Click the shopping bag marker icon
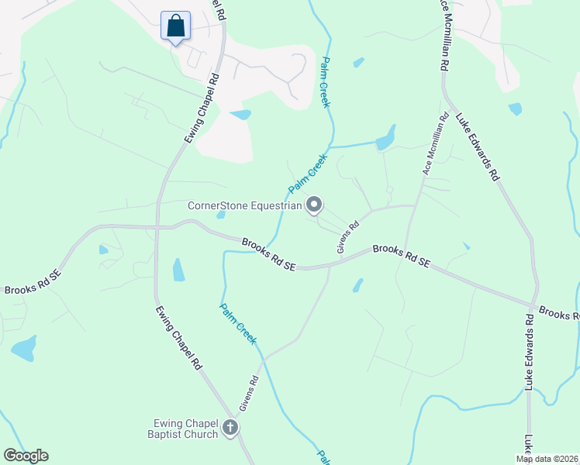click(x=176, y=26)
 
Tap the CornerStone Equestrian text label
click(x=244, y=205)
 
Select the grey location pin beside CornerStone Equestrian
click(x=314, y=205)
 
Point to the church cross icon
click(x=230, y=427)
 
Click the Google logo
click(x=26, y=456)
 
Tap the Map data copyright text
click(x=547, y=459)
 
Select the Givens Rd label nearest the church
click(x=247, y=394)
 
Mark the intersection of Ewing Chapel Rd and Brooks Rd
click(x=157, y=228)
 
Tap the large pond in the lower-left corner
click(x=24, y=348)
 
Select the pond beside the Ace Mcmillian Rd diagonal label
click(x=385, y=139)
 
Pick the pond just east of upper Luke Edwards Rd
click(x=515, y=109)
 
